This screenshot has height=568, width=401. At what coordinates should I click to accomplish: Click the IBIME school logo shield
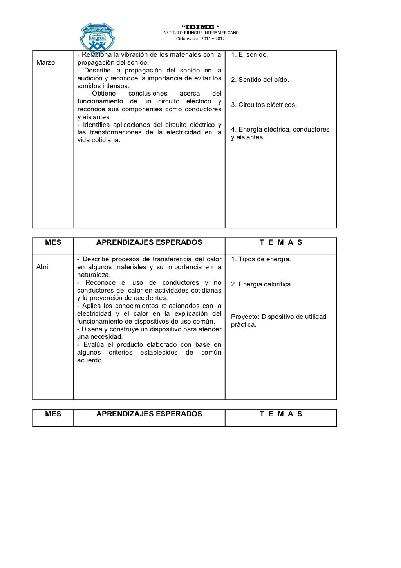[x=97, y=37]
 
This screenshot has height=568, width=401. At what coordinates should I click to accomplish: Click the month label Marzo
[x=45, y=63]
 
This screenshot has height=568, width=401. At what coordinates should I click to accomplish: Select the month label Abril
[x=43, y=267]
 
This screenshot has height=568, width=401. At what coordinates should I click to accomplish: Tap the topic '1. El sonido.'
[x=249, y=55]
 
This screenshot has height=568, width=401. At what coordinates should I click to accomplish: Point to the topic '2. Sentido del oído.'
[x=260, y=80]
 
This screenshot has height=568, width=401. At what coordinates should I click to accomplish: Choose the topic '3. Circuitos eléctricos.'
[x=264, y=105]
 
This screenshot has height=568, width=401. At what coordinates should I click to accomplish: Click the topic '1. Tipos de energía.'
[x=261, y=259]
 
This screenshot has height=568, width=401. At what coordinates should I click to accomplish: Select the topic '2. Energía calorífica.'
[x=262, y=284]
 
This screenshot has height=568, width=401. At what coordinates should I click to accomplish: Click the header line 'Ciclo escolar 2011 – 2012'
[x=200, y=39]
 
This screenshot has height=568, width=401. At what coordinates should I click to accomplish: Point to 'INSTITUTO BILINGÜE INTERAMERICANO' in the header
[x=200, y=33]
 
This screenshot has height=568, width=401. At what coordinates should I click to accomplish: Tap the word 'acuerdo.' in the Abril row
[x=90, y=360]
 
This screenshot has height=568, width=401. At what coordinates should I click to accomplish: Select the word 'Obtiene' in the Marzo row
[x=104, y=94]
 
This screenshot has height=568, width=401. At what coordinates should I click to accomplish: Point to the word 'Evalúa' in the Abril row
[x=92, y=345]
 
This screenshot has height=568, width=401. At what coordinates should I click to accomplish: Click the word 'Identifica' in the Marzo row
[x=96, y=125]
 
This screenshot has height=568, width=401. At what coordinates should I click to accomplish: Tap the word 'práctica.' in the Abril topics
[x=244, y=325]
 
